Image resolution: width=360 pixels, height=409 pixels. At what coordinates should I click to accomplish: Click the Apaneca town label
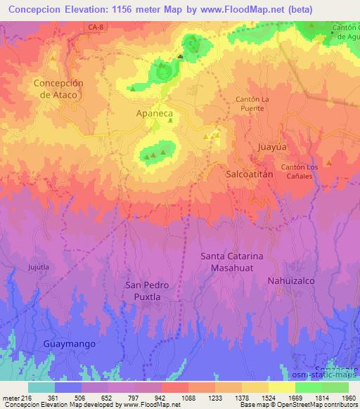pos(155,112)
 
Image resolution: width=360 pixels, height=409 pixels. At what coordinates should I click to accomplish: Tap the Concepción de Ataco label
pos(58,89)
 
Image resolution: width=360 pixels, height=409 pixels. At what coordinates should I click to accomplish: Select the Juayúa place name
pos(272,148)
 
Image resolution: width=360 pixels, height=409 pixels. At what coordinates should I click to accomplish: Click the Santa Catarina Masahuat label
pos(231,262)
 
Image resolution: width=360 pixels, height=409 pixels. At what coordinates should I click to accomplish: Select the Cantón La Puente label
pos(252,105)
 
